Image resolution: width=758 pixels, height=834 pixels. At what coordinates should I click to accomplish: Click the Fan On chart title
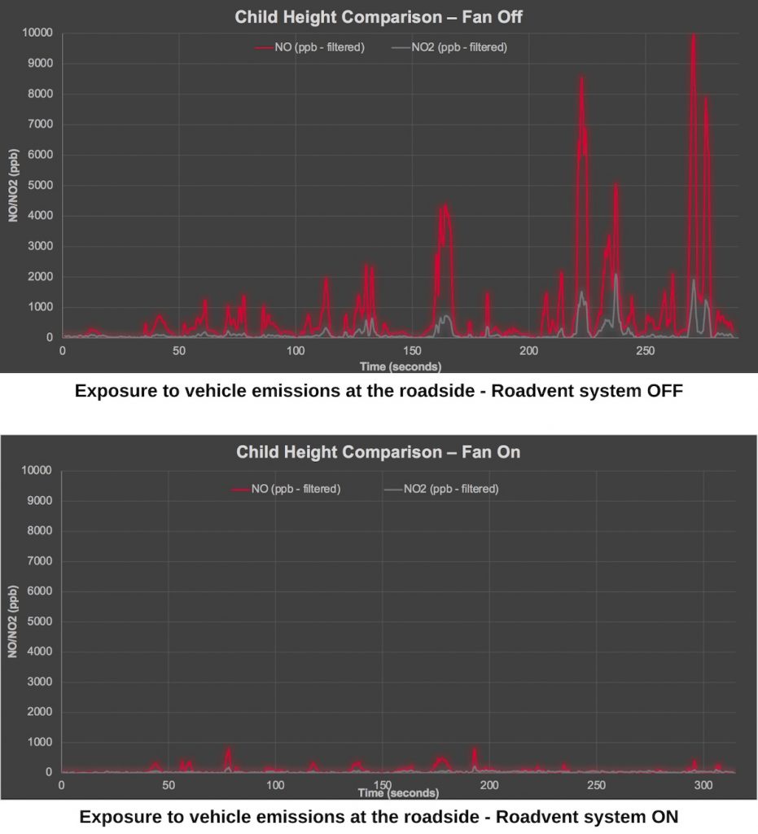(378, 452)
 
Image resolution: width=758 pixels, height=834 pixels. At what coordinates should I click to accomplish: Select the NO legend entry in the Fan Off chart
(309, 47)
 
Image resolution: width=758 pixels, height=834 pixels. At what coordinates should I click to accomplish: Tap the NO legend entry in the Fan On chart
(286, 489)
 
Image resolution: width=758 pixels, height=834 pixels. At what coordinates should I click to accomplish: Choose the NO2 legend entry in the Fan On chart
(440, 489)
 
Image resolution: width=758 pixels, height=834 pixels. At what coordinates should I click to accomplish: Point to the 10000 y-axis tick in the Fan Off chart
(37, 33)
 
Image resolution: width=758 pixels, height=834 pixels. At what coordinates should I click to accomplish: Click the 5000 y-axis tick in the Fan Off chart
(39, 185)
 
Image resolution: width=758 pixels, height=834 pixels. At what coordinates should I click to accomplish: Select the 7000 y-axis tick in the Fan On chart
(39, 561)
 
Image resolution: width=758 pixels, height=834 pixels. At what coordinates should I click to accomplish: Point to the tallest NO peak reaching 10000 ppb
(693, 37)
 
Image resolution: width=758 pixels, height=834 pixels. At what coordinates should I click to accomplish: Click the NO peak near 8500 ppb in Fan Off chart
(582, 79)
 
